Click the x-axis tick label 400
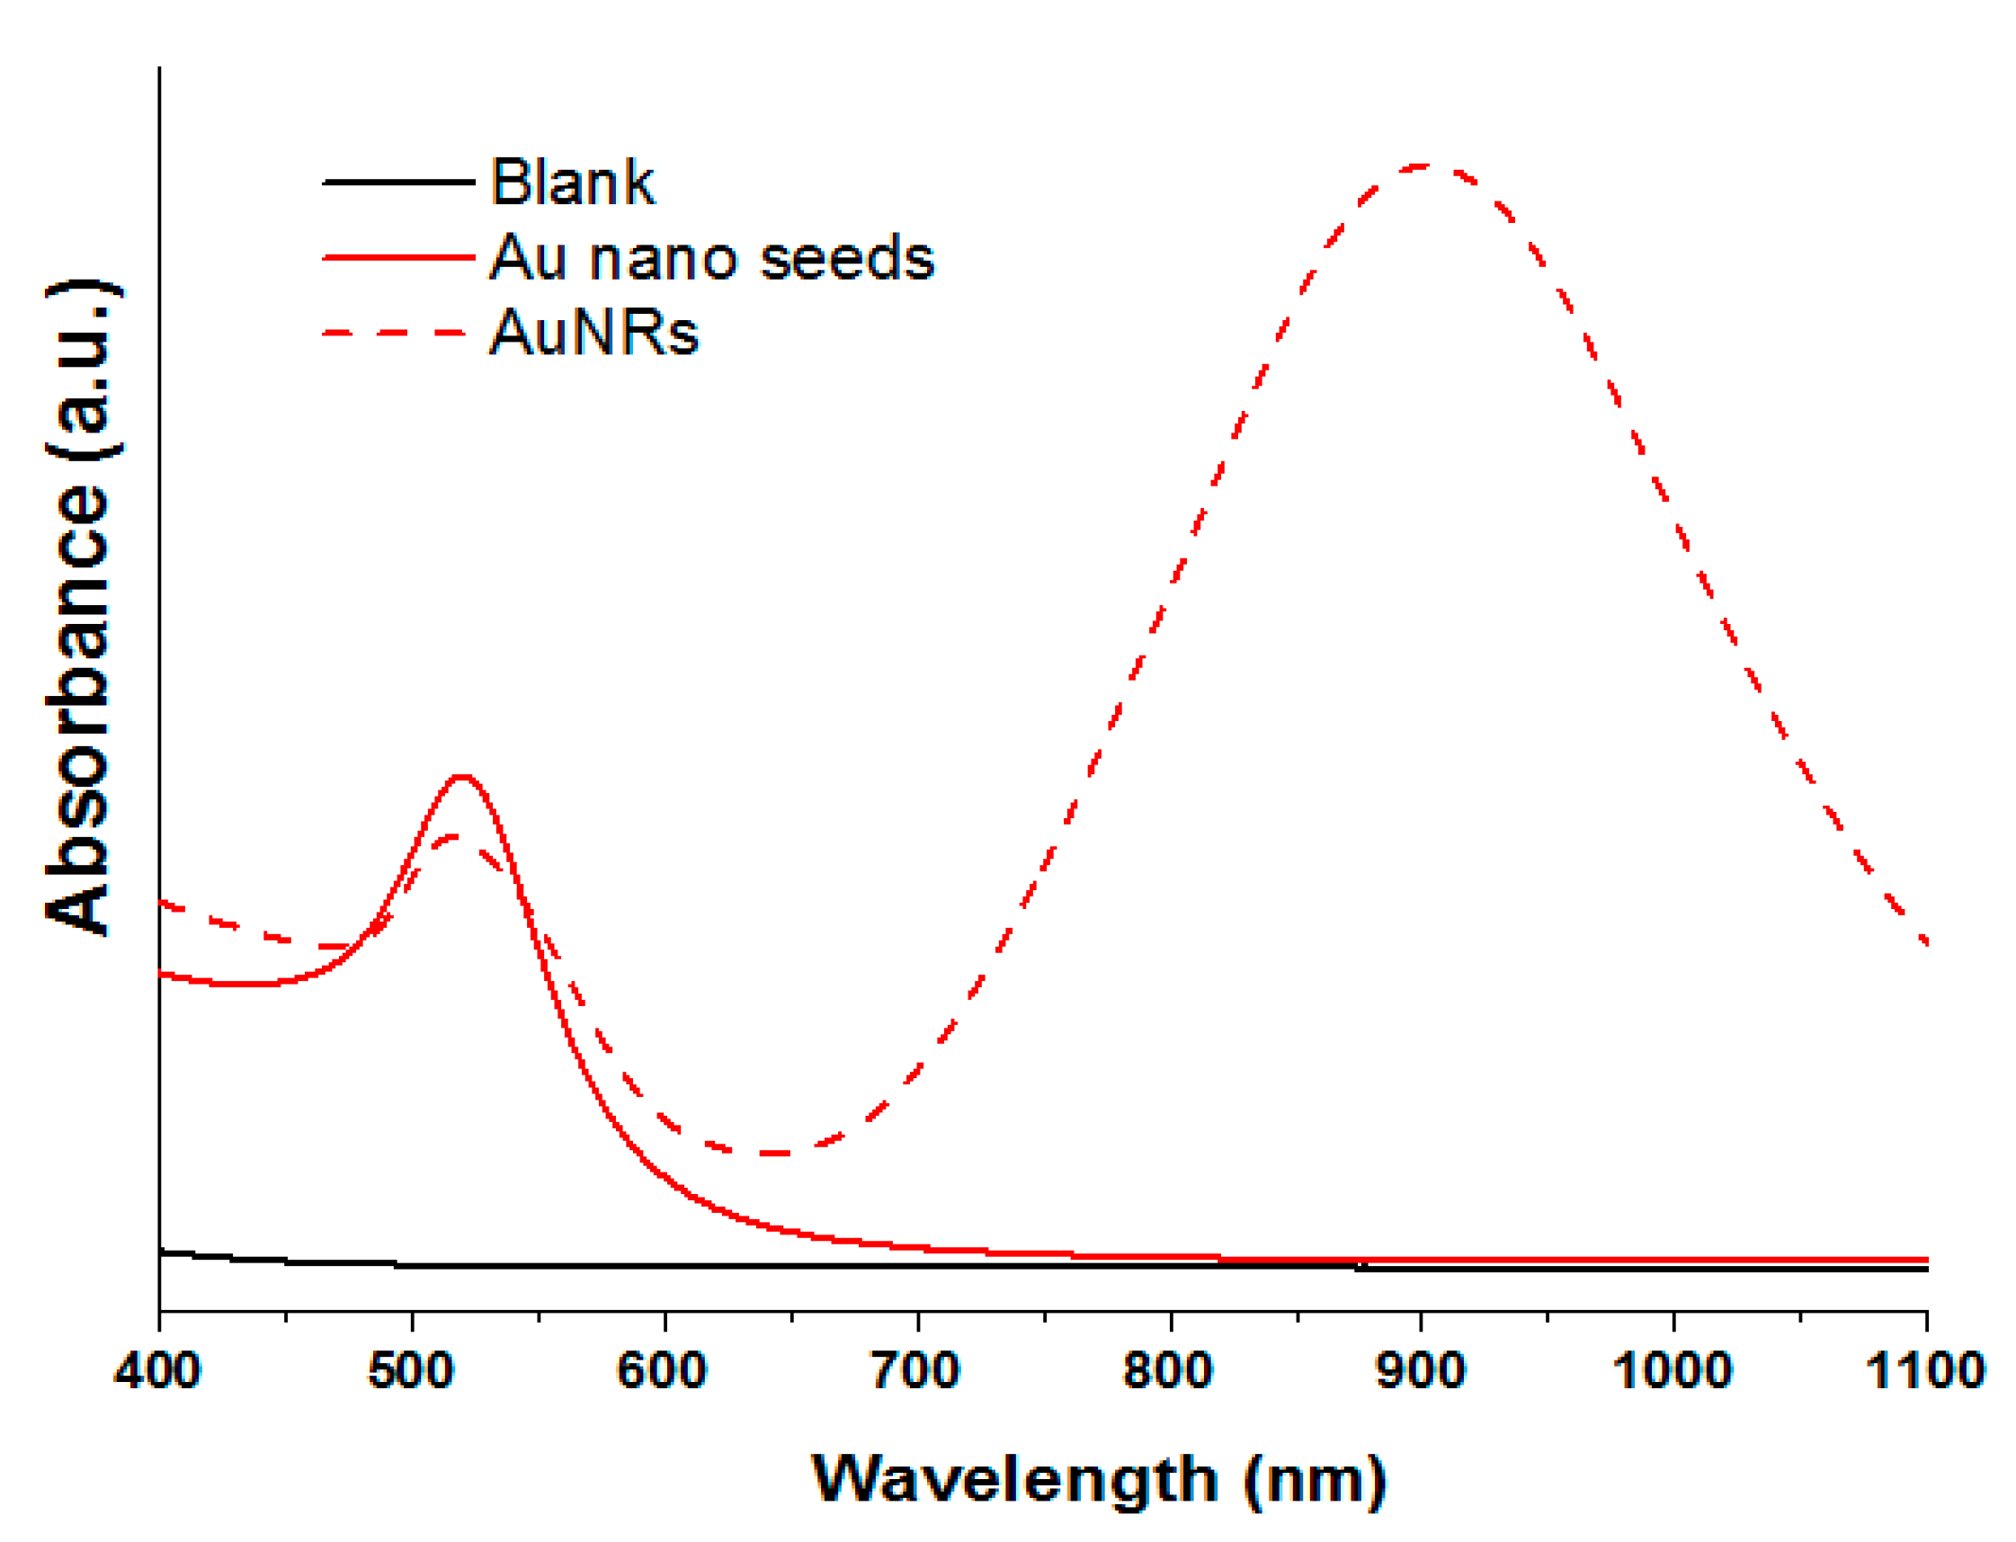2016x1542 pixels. click(157, 1371)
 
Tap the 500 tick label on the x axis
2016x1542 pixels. click(410, 1371)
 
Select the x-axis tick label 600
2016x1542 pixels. click(662, 1371)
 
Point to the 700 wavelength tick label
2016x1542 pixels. click(915, 1371)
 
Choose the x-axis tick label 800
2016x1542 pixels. click(1169, 1371)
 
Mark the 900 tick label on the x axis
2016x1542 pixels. click(1420, 1371)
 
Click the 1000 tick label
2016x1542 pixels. click(1673, 1371)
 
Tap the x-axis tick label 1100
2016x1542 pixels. click(1925, 1371)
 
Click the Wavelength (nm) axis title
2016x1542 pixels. click(1099, 1481)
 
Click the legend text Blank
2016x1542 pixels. click(573, 182)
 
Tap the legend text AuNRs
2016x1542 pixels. click(594, 333)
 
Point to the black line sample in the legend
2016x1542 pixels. click(398, 182)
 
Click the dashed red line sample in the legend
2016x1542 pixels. click(398, 333)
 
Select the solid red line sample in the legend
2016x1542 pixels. click(398, 257)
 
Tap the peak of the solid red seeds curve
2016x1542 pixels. click(462, 778)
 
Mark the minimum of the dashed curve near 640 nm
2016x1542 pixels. click(774, 1153)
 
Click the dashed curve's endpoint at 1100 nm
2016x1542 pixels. click(1925, 942)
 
